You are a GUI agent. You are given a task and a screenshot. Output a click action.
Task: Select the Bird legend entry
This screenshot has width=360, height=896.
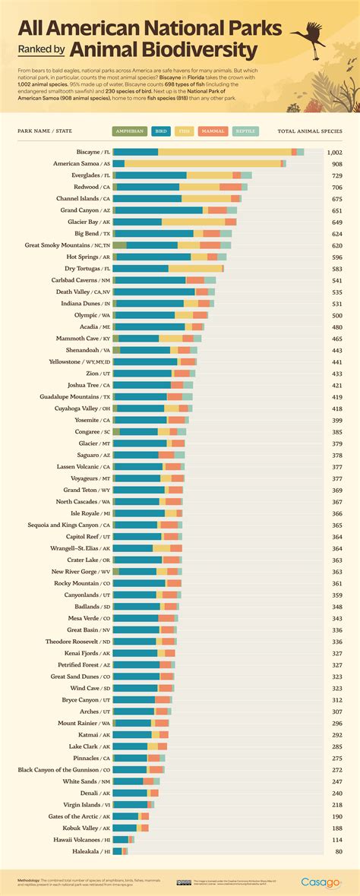point(160,131)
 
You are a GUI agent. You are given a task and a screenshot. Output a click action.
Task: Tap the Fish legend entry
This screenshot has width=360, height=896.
point(185,131)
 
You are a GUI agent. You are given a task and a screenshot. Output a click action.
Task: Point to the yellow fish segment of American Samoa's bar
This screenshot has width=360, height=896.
point(202,163)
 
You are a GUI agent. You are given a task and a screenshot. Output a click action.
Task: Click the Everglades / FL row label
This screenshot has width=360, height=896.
point(85,175)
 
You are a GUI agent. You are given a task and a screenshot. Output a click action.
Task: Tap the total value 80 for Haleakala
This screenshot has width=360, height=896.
point(338,852)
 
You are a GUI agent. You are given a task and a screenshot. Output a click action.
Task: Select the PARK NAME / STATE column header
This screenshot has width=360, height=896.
point(45,131)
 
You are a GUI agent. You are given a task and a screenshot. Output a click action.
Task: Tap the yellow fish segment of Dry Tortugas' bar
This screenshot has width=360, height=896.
point(195,268)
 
